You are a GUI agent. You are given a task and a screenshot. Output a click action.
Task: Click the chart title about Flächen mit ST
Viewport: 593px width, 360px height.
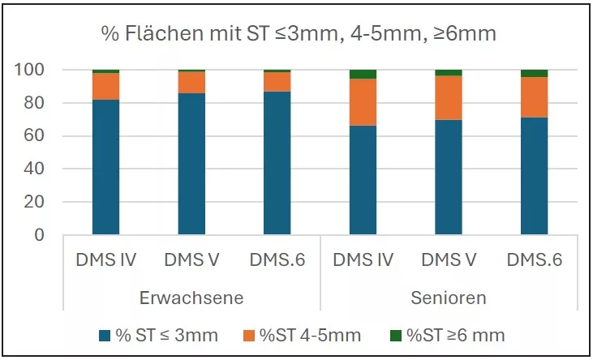pyautogui.click(x=299, y=33)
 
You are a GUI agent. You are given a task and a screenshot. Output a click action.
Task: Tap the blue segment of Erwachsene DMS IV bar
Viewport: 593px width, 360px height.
pyautogui.click(x=105, y=166)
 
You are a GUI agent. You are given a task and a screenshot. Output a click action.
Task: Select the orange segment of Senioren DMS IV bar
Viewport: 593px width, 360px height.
pyautogui.click(x=363, y=102)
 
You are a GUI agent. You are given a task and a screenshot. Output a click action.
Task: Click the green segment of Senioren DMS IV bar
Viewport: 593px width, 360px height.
pyautogui.click(x=363, y=74)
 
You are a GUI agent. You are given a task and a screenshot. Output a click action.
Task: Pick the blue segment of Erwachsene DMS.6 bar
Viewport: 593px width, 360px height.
pyautogui.click(x=277, y=162)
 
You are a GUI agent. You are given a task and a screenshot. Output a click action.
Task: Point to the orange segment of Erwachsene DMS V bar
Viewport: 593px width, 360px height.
pyautogui.click(x=191, y=83)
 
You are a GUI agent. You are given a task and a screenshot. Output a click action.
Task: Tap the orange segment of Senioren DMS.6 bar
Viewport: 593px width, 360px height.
pyautogui.click(x=534, y=97)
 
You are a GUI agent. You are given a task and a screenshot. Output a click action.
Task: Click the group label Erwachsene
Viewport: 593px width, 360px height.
pyautogui.click(x=191, y=298)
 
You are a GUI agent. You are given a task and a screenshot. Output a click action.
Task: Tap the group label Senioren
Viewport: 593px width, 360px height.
pyautogui.click(x=448, y=298)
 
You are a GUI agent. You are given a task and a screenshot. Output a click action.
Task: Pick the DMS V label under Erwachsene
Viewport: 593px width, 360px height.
pyautogui.click(x=191, y=260)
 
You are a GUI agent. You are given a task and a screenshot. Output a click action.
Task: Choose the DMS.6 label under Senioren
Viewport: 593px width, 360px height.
pyautogui.click(x=534, y=260)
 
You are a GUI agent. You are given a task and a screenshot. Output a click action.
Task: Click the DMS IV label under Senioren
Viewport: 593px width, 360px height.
pyautogui.click(x=363, y=260)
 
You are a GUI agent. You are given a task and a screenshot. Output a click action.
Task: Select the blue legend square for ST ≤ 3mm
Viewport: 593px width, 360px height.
pyautogui.click(x=104, y=335)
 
